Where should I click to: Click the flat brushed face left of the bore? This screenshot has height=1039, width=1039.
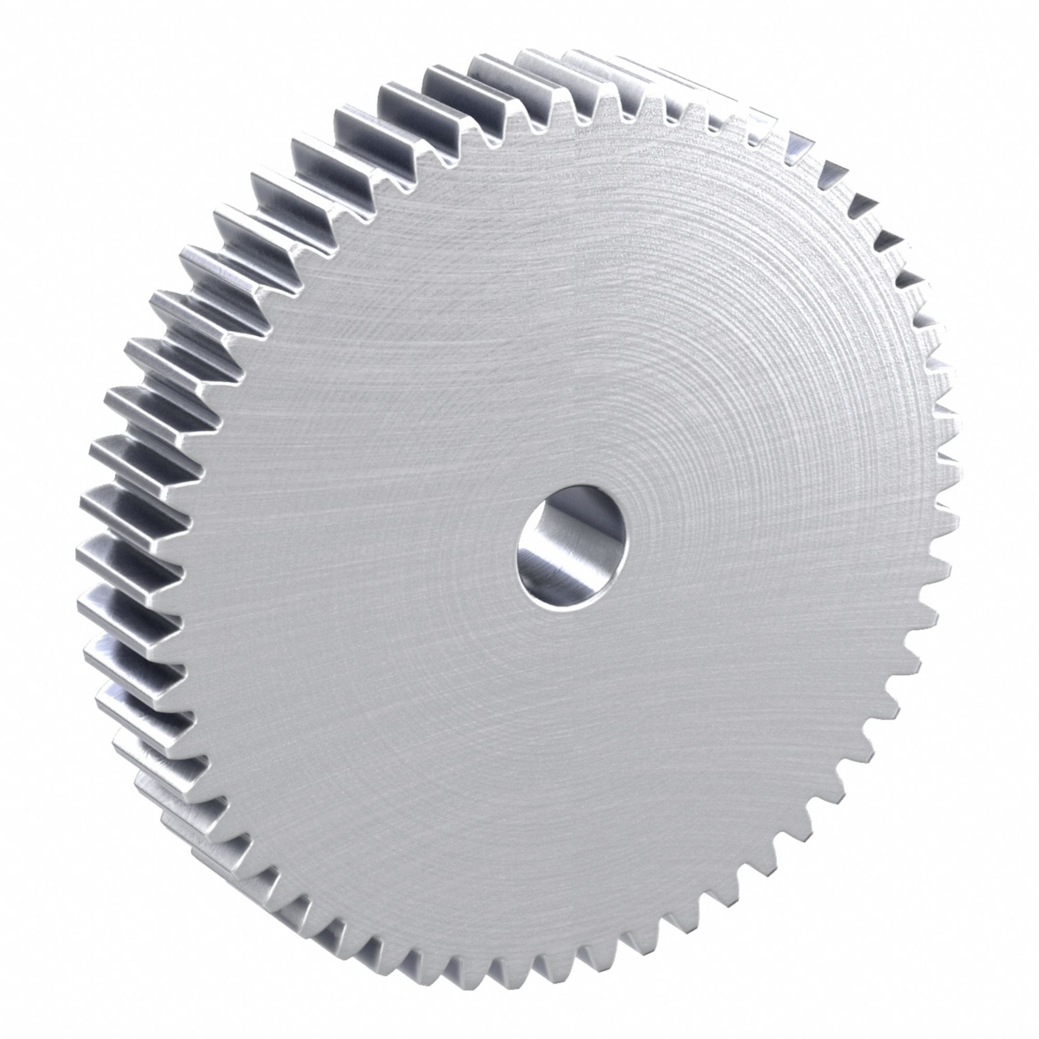[377, 538]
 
